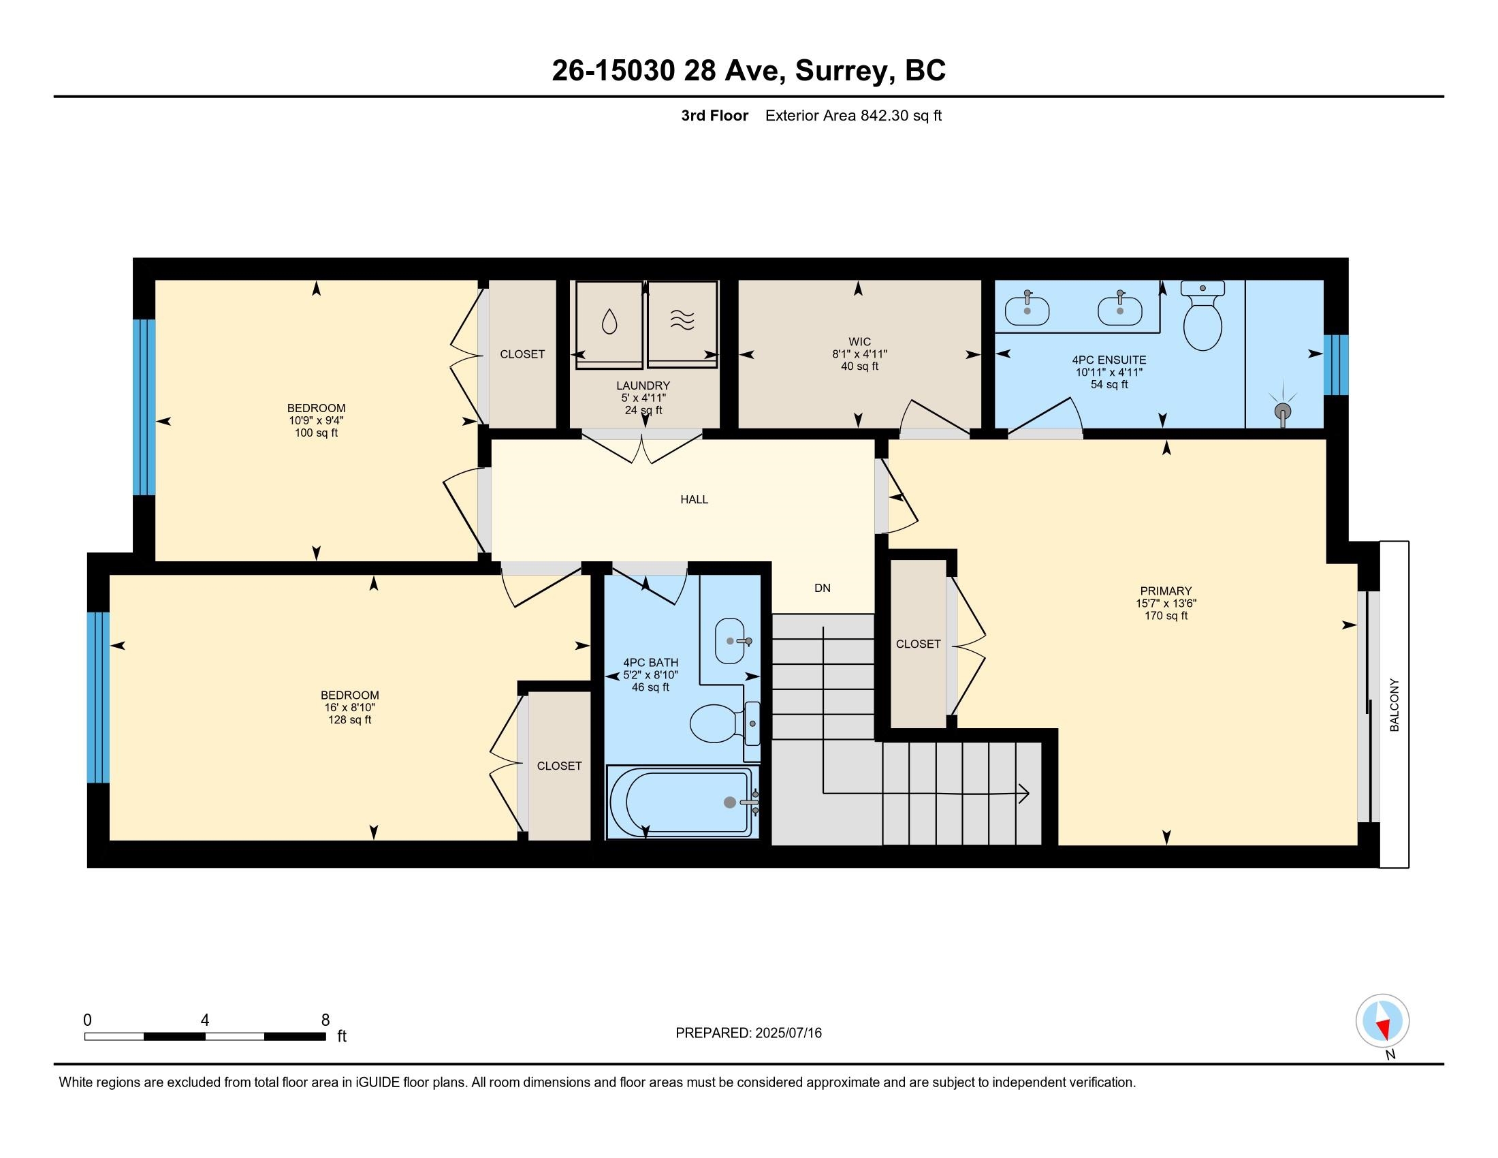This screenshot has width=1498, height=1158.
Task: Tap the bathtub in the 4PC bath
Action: tap(682, 801)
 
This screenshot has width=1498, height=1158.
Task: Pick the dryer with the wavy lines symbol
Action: tap(682, 322)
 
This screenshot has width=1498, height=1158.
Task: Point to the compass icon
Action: tap(1382, 1021)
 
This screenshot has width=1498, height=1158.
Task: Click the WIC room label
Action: tap(859, 342)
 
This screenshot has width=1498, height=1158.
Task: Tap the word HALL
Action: tap(694, 499)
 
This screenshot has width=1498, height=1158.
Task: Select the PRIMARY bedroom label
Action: tap(1166, 591)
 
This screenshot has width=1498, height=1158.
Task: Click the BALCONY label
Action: tap(1394, 704)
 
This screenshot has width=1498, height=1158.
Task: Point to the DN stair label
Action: tap(823, 588)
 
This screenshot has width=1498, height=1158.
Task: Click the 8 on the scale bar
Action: tap(325, 1020)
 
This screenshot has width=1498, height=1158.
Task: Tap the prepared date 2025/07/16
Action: tap(787, 1033)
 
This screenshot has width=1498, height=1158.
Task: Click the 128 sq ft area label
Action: tap(350, 719)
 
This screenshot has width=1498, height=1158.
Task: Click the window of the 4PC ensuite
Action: tap(1335, 365)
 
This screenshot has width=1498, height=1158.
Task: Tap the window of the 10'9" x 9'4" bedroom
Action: tap(144, 407)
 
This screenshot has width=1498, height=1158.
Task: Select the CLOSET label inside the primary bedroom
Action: tap(918, 644)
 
